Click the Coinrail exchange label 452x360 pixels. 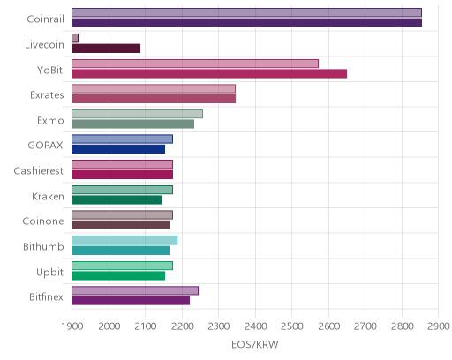click(x=45, y=19)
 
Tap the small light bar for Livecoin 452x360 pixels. click(x=75, y=38)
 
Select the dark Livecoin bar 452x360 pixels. click(x=106, y=49)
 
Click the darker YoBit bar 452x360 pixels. click(x=209, y=73)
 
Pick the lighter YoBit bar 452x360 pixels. click(x=195, y=64)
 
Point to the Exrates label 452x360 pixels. click(x=47, y=95)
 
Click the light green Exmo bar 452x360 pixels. click(x=138, y=114)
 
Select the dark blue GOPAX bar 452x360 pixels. click(x=118, y=149)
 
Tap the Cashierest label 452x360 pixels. click(x=39, y=170)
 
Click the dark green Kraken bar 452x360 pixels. click(x=117, y=200)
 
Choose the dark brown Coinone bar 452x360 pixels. click(x=121, y=225)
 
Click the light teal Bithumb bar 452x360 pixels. click(x=124, y=240)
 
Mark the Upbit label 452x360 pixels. click(x=49, y=272)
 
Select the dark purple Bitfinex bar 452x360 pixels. click(x=131, y=301)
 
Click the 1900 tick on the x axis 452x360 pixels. click(x=72, y=326)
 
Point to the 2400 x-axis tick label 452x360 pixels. click(x=255, y=326)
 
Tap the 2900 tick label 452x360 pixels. click(x=439, y=326)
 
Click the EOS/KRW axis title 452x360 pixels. click(x=255, y=344)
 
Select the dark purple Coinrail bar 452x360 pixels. click(x=247, y=23)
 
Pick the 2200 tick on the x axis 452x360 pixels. click(x=182, y=326)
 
